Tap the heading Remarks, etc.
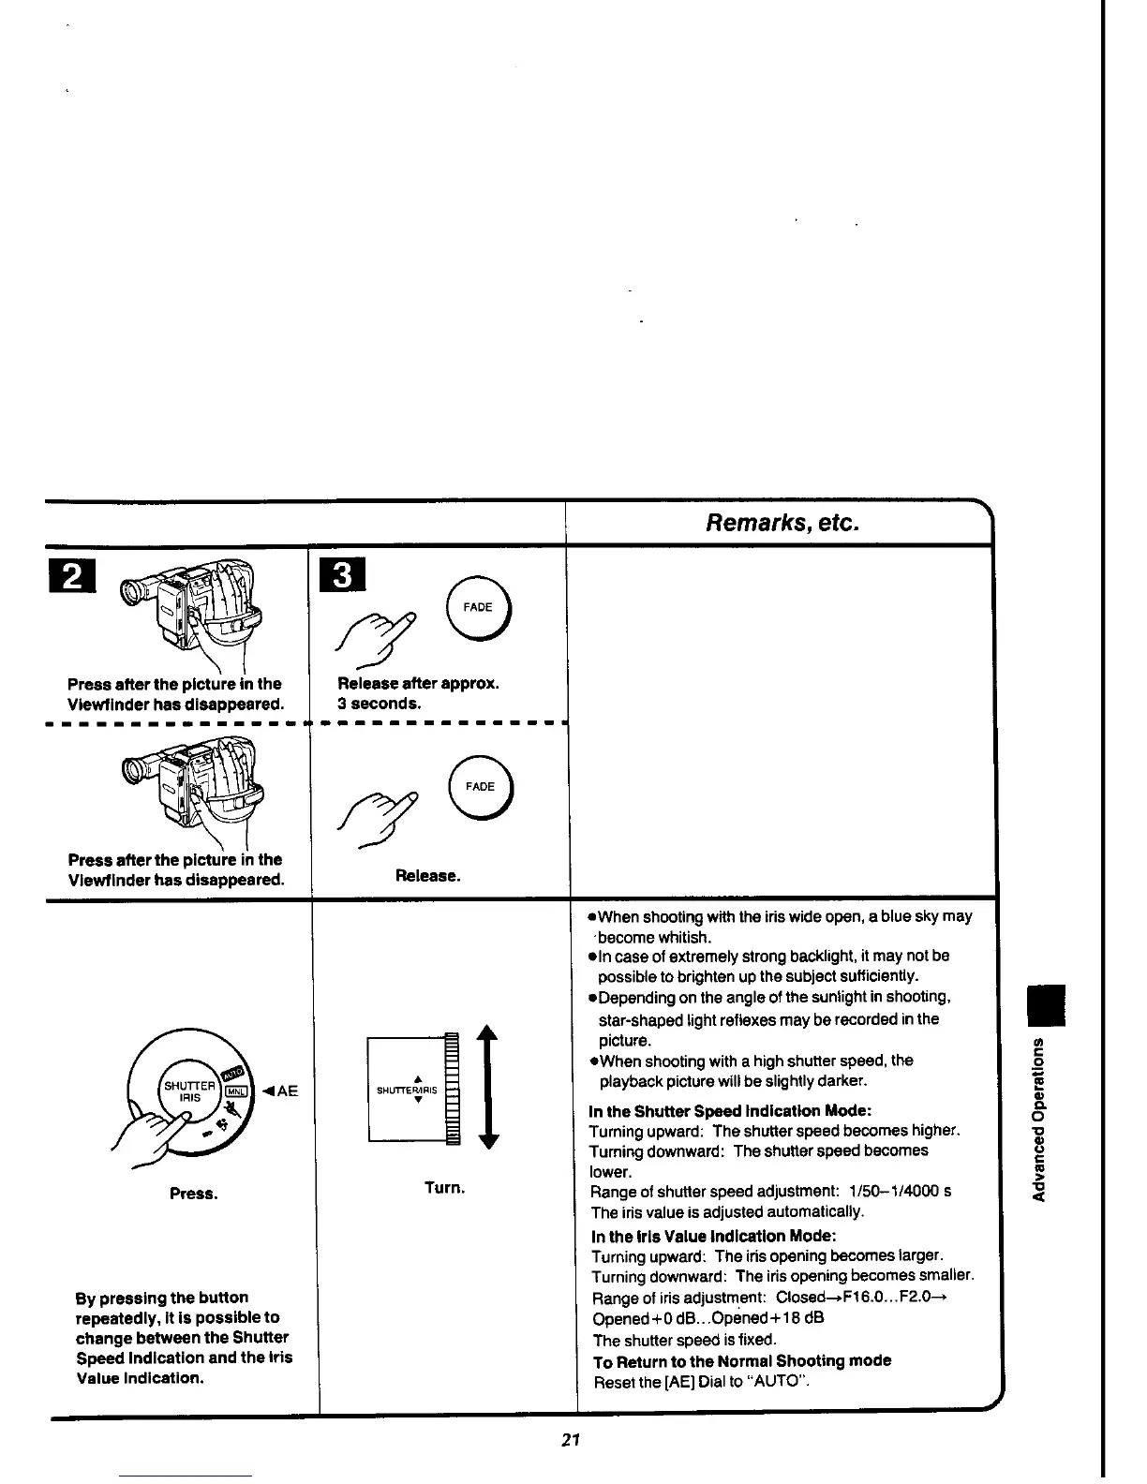[x=782, y=522]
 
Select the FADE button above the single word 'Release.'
[x=480, y=786]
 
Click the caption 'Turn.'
[x=444, y=1188]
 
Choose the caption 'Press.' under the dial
[x=193, y=1194]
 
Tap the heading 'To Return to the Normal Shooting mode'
[x=742, y=1360]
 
